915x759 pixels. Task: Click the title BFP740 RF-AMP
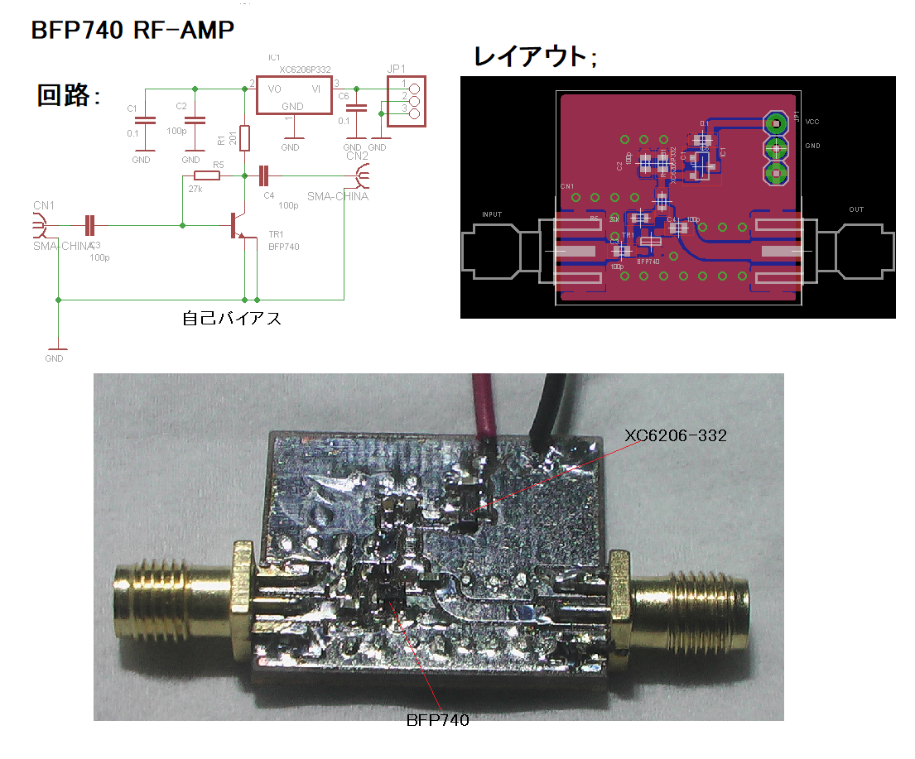pyautogui.click(x=132, y=31)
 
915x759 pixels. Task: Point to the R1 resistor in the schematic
pyautogui.click(x=244, y=137)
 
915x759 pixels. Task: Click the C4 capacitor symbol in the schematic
pyautogui.click(x=264, y=175)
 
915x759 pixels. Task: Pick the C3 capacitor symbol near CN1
pyautogui.click(x=90, y=224)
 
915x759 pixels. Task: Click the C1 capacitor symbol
pyautogui.click(x=145, y=120)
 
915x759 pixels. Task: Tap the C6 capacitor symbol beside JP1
pyautogui.click(x=356, y=108)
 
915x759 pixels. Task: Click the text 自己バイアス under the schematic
pyautogui.click(x=232, y=317)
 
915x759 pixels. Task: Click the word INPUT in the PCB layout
pyautogui.click(x=492, y=214)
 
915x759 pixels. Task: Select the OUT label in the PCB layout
pyautogui.click(x=855, y=209)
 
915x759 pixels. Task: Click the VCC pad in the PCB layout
pyautogui.click(x=776, y=123)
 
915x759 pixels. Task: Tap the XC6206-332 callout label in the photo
pyautogui.click(x=676, y=435)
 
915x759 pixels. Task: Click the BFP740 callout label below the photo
pyautogui.click(x=437, y=720)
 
